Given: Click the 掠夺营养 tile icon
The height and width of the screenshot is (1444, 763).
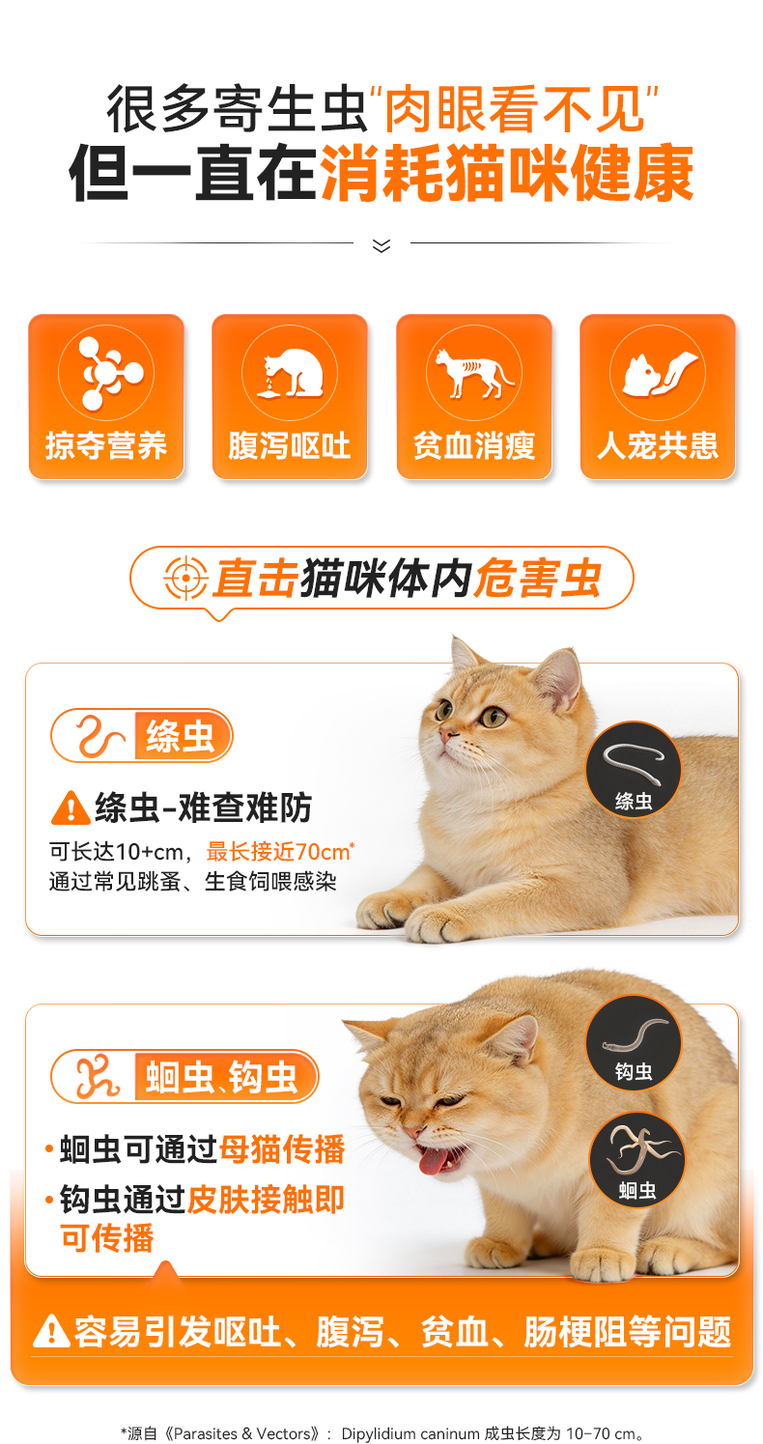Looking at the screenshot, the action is pos(106,373).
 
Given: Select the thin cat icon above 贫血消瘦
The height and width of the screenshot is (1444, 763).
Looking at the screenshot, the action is pos(474,373).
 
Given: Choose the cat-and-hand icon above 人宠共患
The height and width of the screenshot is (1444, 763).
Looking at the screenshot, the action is pos(658,373).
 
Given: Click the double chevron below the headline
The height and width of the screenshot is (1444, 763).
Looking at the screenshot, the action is pos(381,245).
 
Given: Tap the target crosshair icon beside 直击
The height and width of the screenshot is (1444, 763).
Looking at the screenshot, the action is pos(185,577).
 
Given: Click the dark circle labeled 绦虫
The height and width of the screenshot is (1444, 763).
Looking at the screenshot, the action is pos(634,770).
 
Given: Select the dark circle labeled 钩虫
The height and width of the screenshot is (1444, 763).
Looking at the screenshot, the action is pos(634,1043).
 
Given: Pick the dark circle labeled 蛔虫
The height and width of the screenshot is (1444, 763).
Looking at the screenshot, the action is pos(637,1160).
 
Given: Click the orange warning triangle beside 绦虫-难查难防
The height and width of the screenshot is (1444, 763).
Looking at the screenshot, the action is pos(71,807).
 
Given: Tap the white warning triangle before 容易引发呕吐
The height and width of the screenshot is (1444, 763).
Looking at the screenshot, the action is pos(51,1331).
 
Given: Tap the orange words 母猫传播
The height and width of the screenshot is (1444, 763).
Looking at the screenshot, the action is pos(282,1148).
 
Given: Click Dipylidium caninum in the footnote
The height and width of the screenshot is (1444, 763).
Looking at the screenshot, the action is pos(410,1433).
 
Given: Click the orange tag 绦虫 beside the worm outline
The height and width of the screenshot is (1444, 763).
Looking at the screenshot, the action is pos(183,736).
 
